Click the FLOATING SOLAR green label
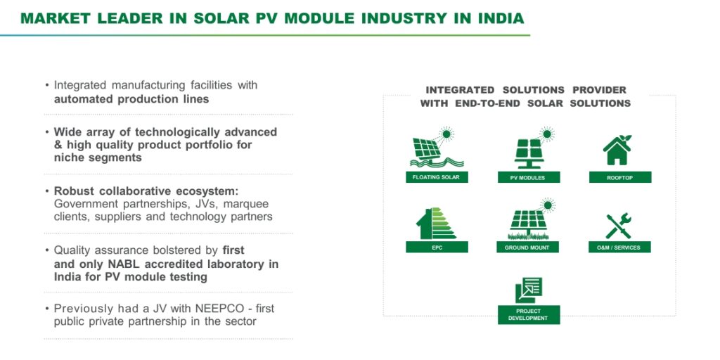[x=437, y=177]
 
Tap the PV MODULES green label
[x=529, y=177]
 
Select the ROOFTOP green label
[x=620, y=177]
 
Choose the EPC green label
[x=437, y=247]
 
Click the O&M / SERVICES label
[x=620, y=247]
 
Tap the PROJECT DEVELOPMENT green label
[x=529, y=314]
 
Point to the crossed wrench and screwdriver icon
[x=619, y=226]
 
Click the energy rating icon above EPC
[x=436, y=224]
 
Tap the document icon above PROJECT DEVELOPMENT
[x=529, y=290]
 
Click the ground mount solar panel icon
[x=530, y=219]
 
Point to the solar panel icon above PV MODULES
[x=533, y=148]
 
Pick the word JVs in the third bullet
[x=202, y=204]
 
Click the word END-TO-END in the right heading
[x=488, y=103]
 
